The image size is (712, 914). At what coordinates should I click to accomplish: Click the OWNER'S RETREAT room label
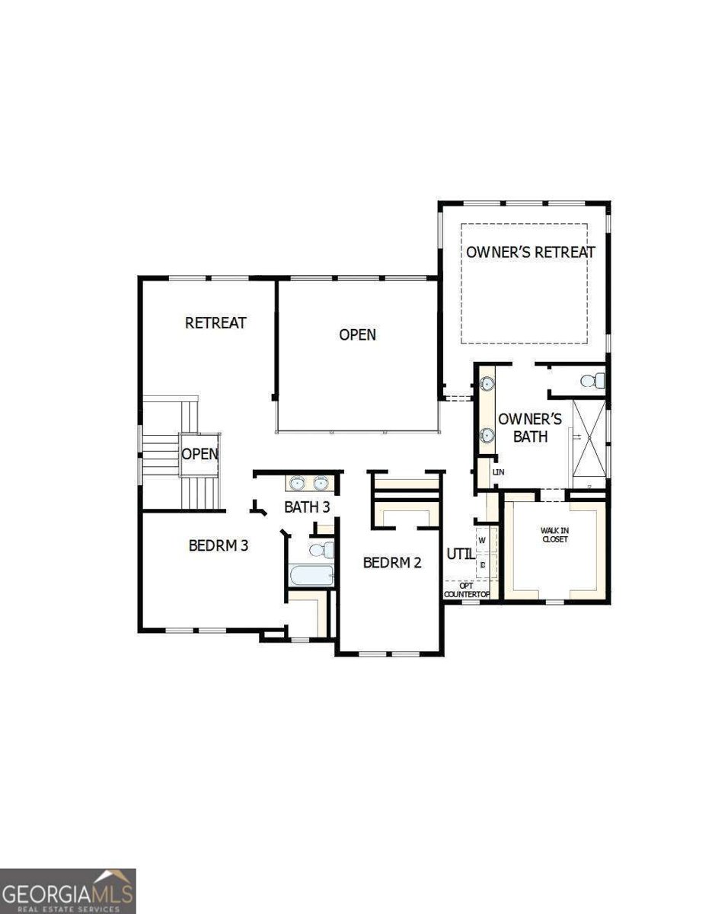click(531, 252)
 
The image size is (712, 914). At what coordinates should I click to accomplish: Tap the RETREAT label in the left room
click(216, 323)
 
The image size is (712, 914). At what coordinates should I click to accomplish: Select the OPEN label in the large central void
click(357, 334)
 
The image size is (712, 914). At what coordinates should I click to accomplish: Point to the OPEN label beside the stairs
click(200, 454)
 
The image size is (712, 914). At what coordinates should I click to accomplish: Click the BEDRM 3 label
click(219, 545)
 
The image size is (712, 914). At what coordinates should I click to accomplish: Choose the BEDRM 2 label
click(392, 563)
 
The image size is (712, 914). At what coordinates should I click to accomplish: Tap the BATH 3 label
click(307, 507)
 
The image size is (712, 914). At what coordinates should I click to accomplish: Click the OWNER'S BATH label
click(530, 428)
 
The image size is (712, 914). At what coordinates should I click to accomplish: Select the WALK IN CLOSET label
click(555, 535)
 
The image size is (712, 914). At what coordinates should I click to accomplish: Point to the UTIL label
click(460, 554)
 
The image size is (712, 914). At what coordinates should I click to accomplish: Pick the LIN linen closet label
click(499, 472)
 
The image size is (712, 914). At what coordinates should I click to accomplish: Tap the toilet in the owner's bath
click(592, 380)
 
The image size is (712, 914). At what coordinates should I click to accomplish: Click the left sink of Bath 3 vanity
click(296, 483)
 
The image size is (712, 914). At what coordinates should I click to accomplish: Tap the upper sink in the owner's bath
click(487, 385)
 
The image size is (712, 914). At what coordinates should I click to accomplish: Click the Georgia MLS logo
click(68, 890)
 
